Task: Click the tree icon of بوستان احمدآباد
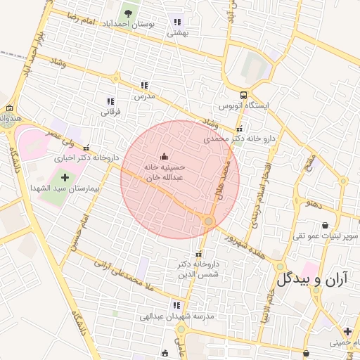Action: [127, 13]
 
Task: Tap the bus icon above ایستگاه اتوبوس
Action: [243, 95]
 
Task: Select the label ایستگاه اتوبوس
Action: [243, 105]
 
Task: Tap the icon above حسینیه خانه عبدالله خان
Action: [165, 156]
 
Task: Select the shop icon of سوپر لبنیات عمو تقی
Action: [325, 225]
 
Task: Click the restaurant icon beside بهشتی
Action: [176, 22]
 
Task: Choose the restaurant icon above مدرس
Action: [144, 84]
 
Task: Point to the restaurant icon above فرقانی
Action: [110, 101]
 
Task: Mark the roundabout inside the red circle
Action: [208, 221]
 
